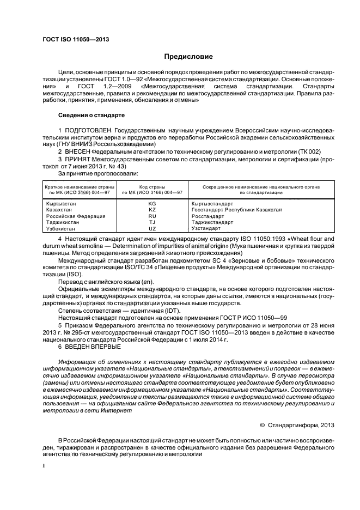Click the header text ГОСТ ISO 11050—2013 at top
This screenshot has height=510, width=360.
point(72,39)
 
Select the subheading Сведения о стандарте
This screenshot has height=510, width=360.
point(91,116)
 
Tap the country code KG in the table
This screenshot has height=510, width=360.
point(152,203)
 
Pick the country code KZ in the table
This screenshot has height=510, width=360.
point(152,210)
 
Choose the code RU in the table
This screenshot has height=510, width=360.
point(152,216)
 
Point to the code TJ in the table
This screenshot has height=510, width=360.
point(152,222)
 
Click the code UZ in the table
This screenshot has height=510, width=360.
point(152,229)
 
